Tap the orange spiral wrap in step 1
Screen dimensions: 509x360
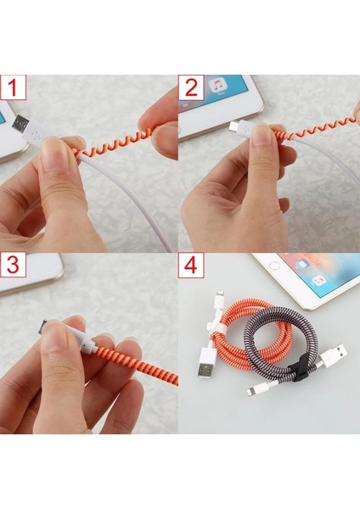click(110, 146)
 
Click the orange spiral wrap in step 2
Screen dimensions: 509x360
click(306, 134)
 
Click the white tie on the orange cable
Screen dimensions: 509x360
click(218, 327)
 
